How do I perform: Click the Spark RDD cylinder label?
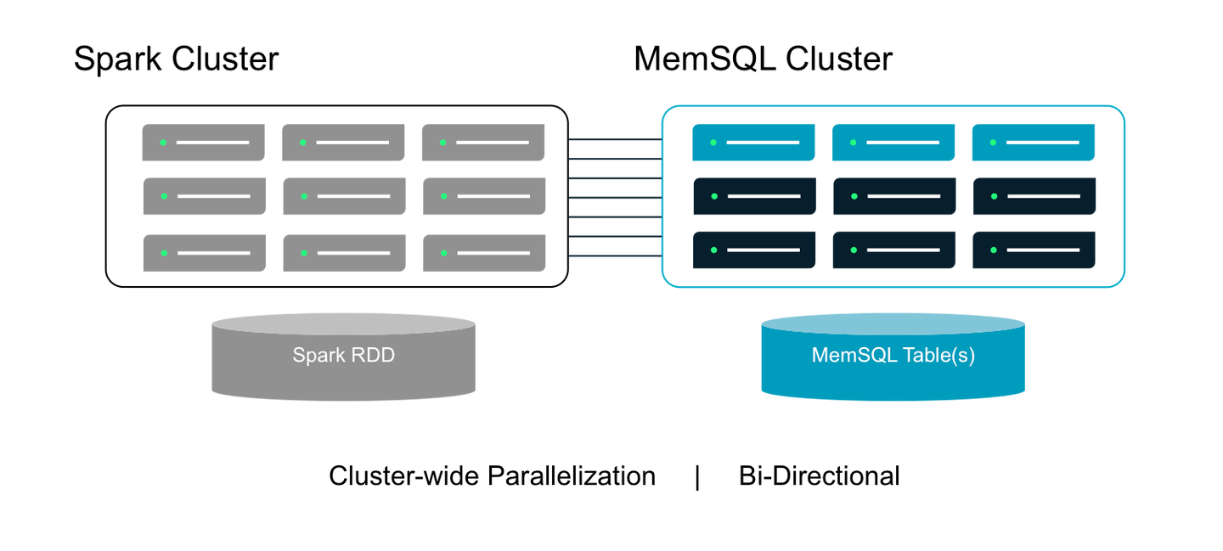pyautogui.click(x=343, y=355)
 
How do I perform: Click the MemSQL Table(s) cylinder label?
pyautogui.click(x=893, y=355)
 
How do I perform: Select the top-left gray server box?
pyautogui.click(x=203, y=143)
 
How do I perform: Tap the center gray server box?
pyautogui.click(x=343, y=196)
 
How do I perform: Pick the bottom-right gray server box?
pyautogui.click(x=482, y=253)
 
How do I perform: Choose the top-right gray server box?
pyautogui.click(x=482, y=143)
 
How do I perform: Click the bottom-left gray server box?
pyautogui.click(x=204, y=253)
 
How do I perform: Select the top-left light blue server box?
pyautogui.click(x=753, y=143)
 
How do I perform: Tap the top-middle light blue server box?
pyautogui.click(x=893, y=143)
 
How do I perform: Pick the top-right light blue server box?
pyautogui.click(x=1033, y=143)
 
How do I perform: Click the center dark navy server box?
pyautogui.click(x=893, y=196)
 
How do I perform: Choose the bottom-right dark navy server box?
pyautogui.click(x=1034, y=250)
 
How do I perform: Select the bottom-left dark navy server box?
pyautogui.click(x=754, y=250)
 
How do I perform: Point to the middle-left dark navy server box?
pyautogui.click(x=754, y=196)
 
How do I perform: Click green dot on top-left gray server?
pyautogui.click(x=162, y=143)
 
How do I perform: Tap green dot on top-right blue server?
pyautogui.click(x=992, y=143)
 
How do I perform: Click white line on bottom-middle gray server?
pyautogui.click(x=353, y=253)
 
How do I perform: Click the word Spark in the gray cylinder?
pyautogui.click(x=313, y=355)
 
